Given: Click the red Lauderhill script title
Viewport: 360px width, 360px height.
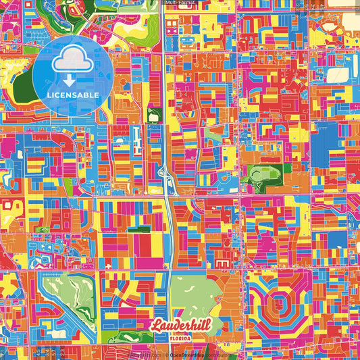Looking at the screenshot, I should [x=180, y=326].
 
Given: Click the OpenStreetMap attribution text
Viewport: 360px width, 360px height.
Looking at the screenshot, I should [x=189, y=355].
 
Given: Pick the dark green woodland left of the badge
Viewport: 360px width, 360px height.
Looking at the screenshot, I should [x=24, y=84].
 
